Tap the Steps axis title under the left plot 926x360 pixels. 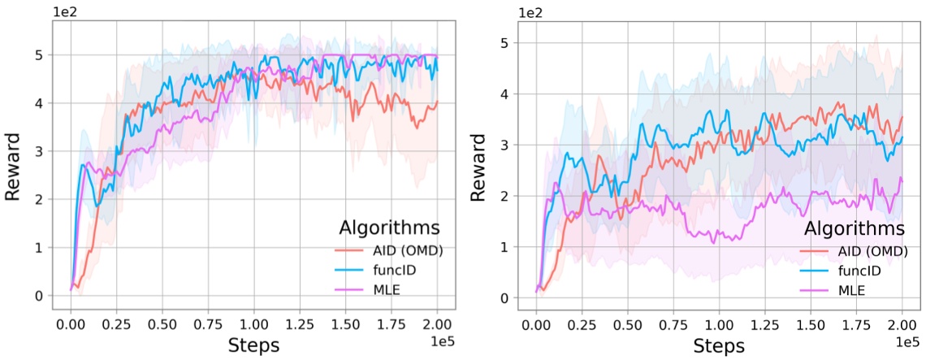[x=253, y=345]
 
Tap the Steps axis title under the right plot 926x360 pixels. [x=719, y=346]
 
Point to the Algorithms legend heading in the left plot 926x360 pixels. [x=387, y=227]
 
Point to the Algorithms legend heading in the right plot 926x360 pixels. [x=853, y=228]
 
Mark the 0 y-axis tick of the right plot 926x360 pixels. [x=505, y=298]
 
